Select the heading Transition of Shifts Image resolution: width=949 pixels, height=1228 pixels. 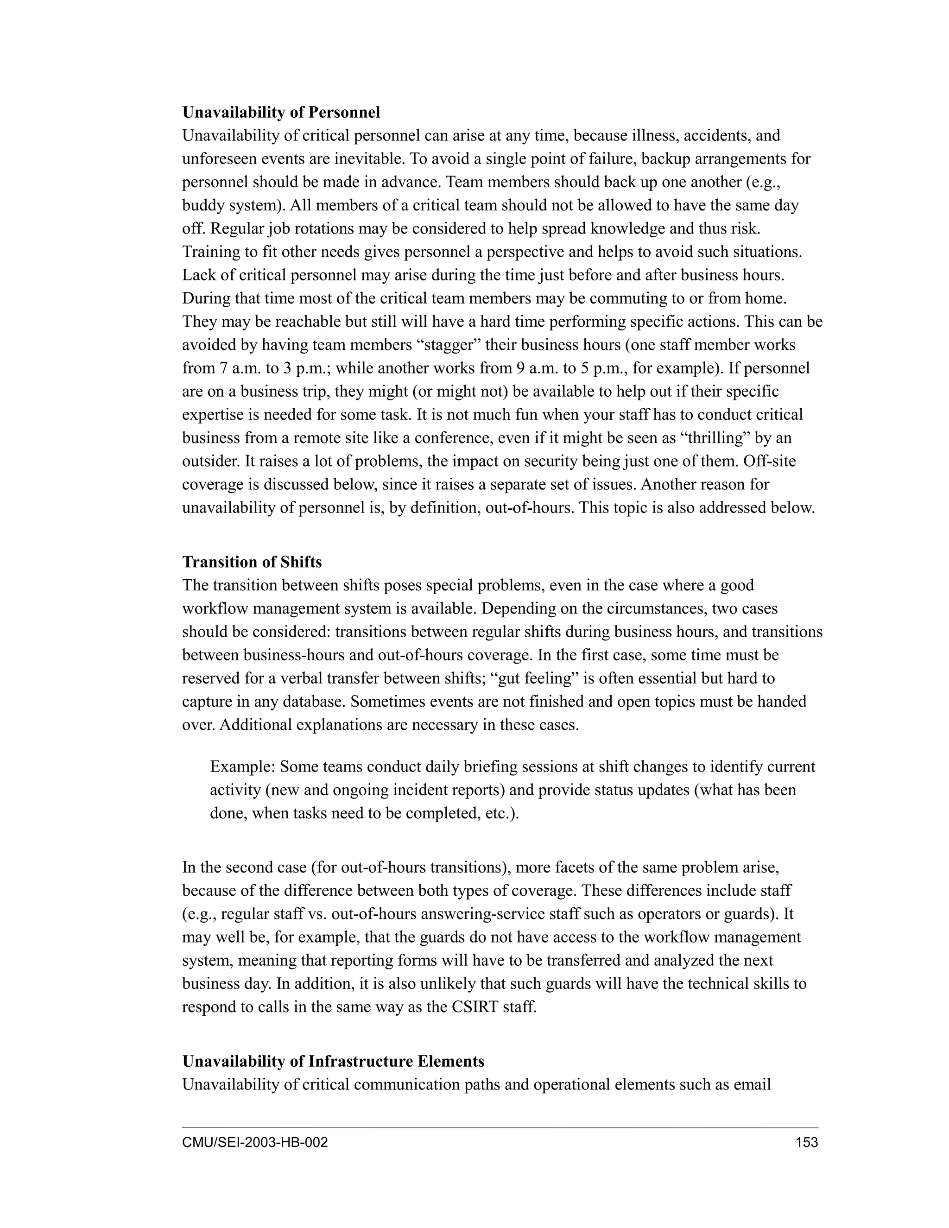click(x=252, y=562)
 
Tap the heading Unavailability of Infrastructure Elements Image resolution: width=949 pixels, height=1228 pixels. click(x=333, y=1061)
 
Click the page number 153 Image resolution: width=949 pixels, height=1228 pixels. click(x=807, y=1142)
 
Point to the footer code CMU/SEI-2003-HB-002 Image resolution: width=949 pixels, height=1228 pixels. click(x=255, y=1142)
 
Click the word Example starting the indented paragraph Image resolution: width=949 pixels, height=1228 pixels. click(x=242, y=767)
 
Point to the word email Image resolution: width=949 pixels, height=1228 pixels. click(x=752, y=1084)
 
